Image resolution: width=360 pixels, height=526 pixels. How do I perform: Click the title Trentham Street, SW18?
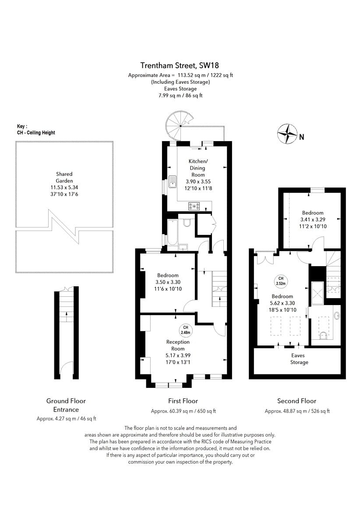point(180,65)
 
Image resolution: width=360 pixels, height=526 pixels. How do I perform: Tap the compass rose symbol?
point(287,134)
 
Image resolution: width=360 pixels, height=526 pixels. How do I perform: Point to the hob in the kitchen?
point(194,205)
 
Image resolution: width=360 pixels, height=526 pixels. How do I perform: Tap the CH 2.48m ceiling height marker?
point(186,330)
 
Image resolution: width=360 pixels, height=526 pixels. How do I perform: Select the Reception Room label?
point(178,345)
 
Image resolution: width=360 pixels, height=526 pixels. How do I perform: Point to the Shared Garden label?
point(64,177)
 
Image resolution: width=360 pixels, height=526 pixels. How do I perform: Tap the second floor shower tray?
point(318,292)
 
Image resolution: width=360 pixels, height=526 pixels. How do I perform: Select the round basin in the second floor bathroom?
point(336,315)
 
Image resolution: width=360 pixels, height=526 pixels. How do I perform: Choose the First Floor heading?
point(183,401)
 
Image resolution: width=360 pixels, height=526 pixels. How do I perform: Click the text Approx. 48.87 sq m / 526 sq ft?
point(297,411)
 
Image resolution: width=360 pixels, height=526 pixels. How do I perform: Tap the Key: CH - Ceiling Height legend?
point(36,129)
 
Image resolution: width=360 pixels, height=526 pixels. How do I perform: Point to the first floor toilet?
point(187,223)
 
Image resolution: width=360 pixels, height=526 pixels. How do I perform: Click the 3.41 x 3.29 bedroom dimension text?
point(312,220)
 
